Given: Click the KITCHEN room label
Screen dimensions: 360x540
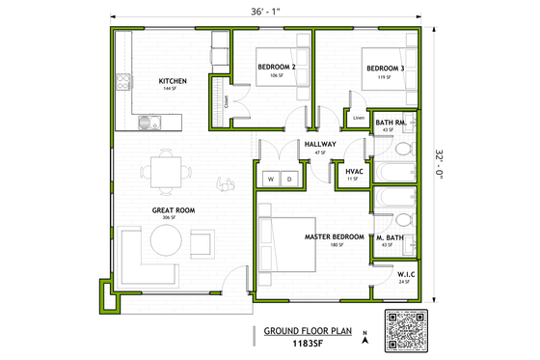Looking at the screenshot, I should pos(173,80).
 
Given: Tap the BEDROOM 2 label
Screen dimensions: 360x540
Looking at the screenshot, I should pos(276,67).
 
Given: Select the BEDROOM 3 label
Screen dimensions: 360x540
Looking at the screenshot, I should pos(383,68).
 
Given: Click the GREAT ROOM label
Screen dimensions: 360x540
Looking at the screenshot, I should pos(174,209).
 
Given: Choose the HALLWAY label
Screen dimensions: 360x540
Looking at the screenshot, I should pos(319,145).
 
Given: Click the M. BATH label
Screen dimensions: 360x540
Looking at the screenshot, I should pos(390,237).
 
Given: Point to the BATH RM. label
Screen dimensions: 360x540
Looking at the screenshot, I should pos(391,123).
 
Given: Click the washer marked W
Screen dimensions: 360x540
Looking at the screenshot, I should pos(271,180).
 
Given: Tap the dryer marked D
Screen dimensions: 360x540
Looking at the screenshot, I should pos(289,180).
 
